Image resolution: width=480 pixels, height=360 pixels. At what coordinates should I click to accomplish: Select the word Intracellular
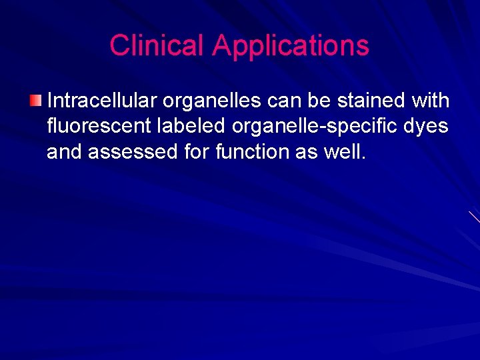(x=101, y=101)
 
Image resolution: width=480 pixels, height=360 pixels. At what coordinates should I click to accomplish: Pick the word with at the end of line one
(x=431, y=101)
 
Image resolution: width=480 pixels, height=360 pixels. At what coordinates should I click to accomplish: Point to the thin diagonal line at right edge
(x=474, y=217)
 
